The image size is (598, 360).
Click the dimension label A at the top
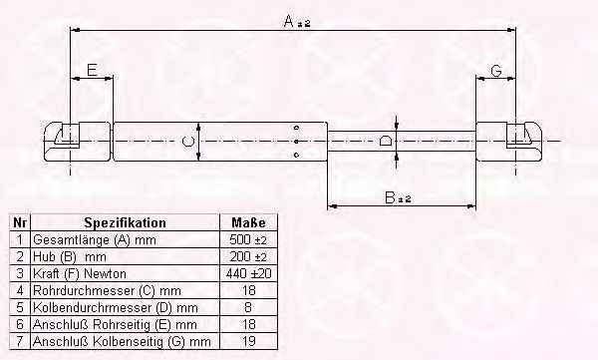point(297,21)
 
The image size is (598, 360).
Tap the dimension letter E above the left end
point(92,70)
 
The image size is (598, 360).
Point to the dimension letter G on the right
point(496,71)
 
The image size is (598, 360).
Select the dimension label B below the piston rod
point(398,198)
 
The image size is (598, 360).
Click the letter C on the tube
point(188,142)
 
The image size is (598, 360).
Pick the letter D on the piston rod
point(386,141)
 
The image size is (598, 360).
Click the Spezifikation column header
point(126,222)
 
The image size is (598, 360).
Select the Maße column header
point(248,222)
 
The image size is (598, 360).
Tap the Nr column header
point(20,222)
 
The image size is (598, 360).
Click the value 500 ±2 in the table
point(248,239)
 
